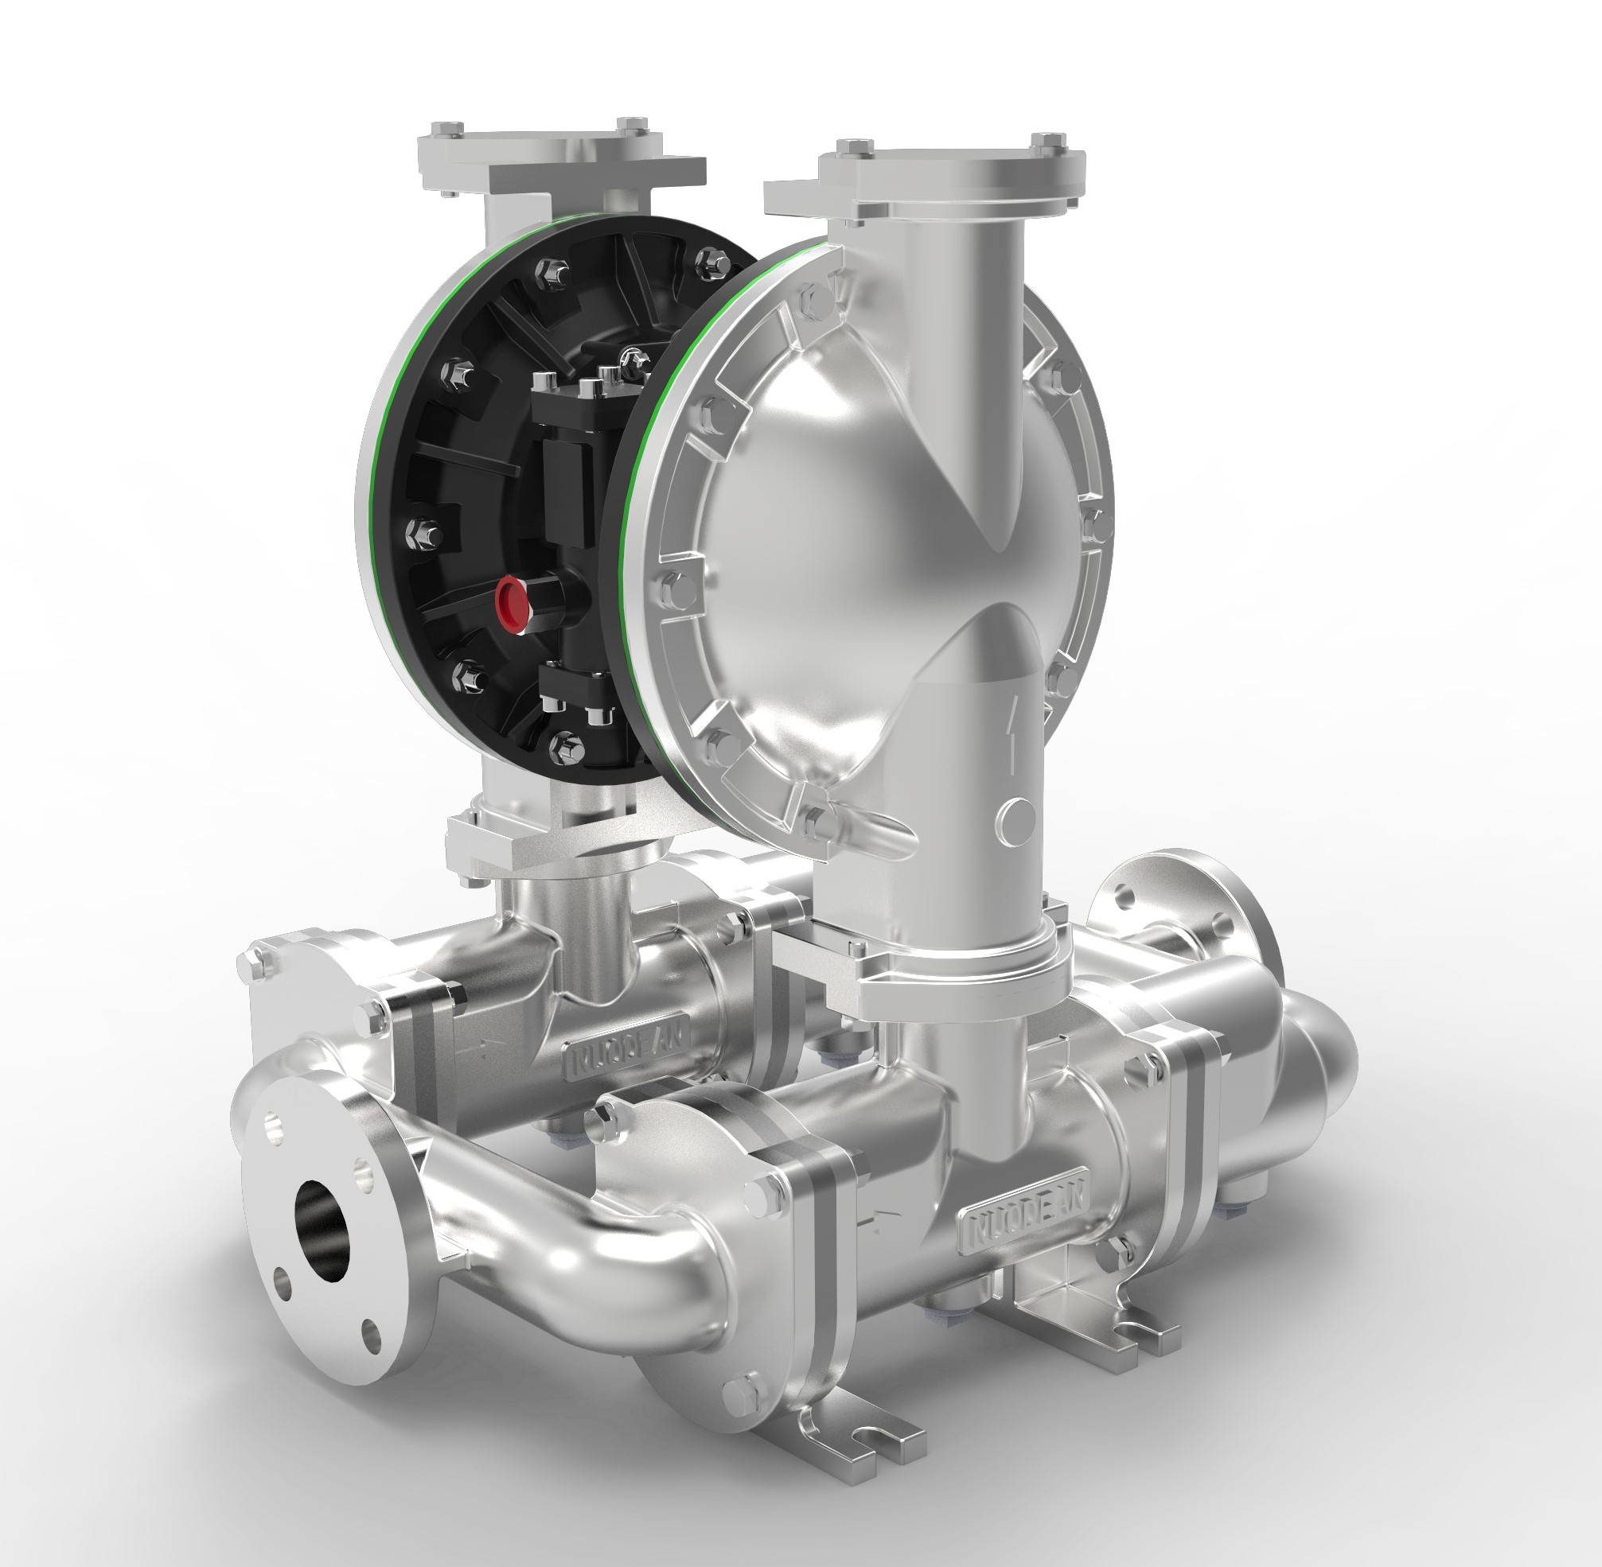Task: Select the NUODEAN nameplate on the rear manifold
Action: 626,1053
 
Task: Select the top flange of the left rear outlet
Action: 559,161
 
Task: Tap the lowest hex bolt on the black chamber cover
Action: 569,746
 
